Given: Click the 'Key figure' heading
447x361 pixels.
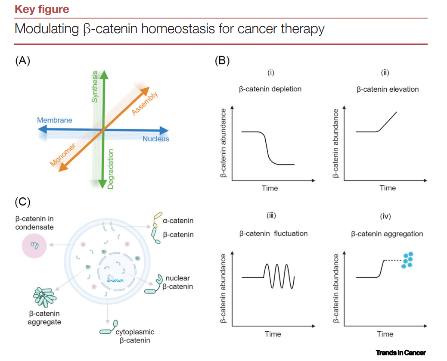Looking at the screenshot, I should point(42,9).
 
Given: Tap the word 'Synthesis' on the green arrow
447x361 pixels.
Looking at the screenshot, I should point(95,86).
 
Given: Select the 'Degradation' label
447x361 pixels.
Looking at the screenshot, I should point(111,169).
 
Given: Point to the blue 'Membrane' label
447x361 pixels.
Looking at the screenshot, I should point(54,120).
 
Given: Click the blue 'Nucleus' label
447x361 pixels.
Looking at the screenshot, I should point(156,139).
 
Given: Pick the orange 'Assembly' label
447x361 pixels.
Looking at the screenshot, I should point(145,104).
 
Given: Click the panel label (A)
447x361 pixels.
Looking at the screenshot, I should point(23,61).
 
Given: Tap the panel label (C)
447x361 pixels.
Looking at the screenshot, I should point(23,201).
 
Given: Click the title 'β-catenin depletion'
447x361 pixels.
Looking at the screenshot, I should point(270,90).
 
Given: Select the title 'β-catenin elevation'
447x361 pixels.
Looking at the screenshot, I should point(388,90).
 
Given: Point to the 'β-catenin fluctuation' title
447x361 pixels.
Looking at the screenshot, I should point(273,233).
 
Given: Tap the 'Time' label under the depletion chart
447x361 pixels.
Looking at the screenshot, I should point(270,188).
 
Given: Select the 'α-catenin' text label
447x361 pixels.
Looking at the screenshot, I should point(178,221).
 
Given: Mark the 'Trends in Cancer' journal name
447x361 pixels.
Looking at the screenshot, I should point(400,353).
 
